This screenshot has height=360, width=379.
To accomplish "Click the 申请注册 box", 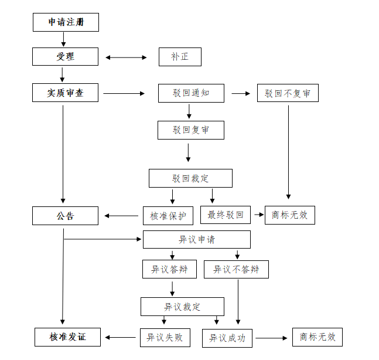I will click(66, 22).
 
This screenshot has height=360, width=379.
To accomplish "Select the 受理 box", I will click(66, 57).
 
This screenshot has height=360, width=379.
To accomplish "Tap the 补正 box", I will click(180, 57).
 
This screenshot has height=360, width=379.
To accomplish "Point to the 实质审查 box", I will click(66, 93).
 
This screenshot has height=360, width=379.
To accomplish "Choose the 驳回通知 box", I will click(191, 93).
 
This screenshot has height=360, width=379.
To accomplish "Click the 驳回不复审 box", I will click(288, 93).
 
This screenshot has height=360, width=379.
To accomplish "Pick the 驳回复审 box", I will click(191, 130).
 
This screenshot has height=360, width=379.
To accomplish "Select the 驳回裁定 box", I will click(190, 178).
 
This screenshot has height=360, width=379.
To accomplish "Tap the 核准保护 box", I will click(168, 216).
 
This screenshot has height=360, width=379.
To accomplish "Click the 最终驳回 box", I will click(226, 215).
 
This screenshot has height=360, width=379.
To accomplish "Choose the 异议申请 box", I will click(197, 239).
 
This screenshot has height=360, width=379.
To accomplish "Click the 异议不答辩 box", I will click(236, 269).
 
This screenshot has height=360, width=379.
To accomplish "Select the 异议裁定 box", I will click(182, 307).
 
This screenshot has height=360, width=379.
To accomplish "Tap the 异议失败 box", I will click(165, 337).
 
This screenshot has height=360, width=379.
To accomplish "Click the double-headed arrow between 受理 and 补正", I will click(126, 57).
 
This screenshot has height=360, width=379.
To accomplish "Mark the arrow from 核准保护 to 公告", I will click(122, 216).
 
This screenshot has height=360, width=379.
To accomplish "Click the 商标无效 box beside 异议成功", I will click(317, 337).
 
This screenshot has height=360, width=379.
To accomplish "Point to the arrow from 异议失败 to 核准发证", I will click(121, 337).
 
